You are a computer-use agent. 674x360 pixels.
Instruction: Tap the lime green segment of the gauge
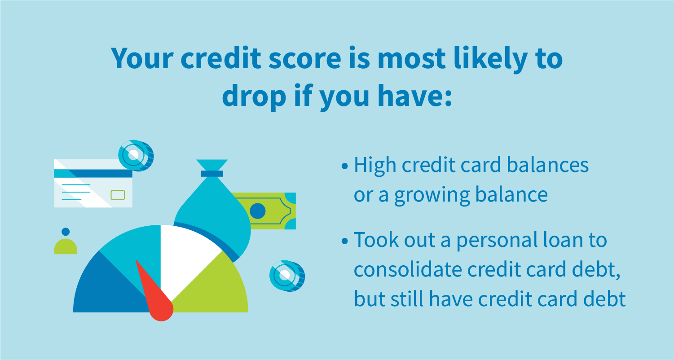[216, 287]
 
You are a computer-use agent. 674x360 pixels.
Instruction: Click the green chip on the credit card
[118, 195]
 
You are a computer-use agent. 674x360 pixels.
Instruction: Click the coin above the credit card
[135, 154]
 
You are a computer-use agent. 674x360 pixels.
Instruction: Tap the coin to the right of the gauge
[286, 276]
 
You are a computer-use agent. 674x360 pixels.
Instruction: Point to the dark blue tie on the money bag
[212, 173]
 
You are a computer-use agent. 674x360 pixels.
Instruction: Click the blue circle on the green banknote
[257, 211]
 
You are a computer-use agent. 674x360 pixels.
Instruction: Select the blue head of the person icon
[66, 232]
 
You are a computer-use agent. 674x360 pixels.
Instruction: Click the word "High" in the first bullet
[375, 166]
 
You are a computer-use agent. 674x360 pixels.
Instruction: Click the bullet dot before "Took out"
[345, 241]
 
